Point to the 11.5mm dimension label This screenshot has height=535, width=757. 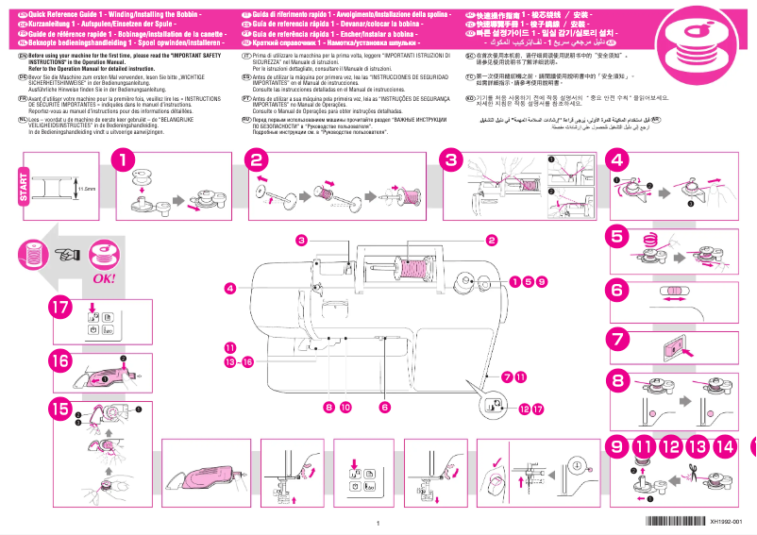pyautogui.click(x=87, y=189)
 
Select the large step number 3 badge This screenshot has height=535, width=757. pyautogui.click(x=452, y=161)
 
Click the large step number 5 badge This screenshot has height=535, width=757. pyautogui.click(x=617, y=236)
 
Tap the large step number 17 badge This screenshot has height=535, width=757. pyautogui.click(x=59, y=309)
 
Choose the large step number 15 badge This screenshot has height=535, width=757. pyautogui.click(x=59, y=410)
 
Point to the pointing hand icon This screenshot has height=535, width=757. pyautogui.click(x=67, y=253)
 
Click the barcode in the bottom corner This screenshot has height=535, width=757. pyautogui.click(x=672, y=522)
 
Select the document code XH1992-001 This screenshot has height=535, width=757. pyautogui.click(x=732, y=522)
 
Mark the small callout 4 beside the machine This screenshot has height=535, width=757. pyautogui.click(x=229, y=287)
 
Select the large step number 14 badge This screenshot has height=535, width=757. pyautogui.click(x=726, y=446)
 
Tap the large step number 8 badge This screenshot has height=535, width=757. pyautogui.click(x=617, y=381)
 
